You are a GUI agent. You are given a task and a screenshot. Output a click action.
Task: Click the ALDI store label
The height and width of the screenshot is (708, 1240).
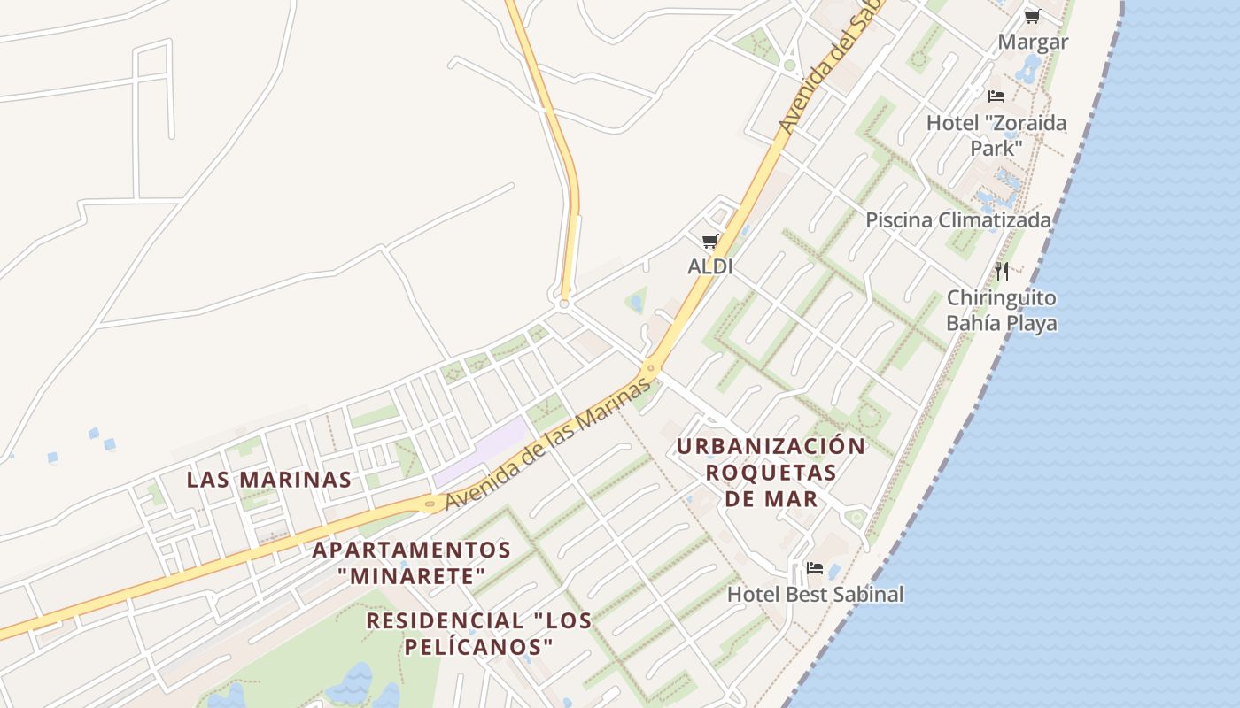(x=709, y=265)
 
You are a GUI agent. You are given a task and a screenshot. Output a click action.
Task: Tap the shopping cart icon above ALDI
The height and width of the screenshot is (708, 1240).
(x=709, y=241)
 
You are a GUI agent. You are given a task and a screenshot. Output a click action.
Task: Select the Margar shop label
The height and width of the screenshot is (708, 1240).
(x=1033, y=42)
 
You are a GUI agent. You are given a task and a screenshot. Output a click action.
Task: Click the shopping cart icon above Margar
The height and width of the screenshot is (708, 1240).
(x=1032, y=16)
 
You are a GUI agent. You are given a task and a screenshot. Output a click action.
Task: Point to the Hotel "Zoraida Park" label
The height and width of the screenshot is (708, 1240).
(x=996, y=135)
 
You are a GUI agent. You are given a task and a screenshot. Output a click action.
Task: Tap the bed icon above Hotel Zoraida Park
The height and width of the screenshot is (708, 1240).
(x=996, y=96)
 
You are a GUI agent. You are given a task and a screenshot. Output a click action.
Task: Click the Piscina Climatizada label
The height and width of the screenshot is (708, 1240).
(x=958, y=219)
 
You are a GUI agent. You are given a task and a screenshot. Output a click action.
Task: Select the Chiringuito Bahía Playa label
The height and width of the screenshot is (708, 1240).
(x=1002, y=310)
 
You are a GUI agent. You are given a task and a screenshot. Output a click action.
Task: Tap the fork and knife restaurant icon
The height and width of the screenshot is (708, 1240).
(x=1002, y=271)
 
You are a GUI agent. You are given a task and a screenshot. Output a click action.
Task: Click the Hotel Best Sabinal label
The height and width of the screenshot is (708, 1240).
(x=816, y=594)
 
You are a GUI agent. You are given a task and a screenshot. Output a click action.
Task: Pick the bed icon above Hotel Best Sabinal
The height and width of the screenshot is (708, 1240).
(x=815, y=567)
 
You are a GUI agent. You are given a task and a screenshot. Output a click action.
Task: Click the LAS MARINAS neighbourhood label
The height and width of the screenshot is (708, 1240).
(x=269, y=480)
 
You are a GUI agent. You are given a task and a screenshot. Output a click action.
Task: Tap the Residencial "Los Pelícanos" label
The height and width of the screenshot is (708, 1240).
(x=479, y=633)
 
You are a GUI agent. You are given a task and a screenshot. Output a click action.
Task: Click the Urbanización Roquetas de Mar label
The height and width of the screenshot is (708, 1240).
(x=771, y=472)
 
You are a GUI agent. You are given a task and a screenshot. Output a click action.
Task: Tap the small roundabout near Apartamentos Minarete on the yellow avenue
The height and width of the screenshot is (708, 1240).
(x=430, y=504)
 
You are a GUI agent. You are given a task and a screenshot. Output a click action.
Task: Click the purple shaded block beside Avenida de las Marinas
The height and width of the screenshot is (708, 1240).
(x=483, y=452)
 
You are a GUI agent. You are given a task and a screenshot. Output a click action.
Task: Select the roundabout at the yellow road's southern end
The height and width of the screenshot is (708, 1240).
(x=563, y=304)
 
